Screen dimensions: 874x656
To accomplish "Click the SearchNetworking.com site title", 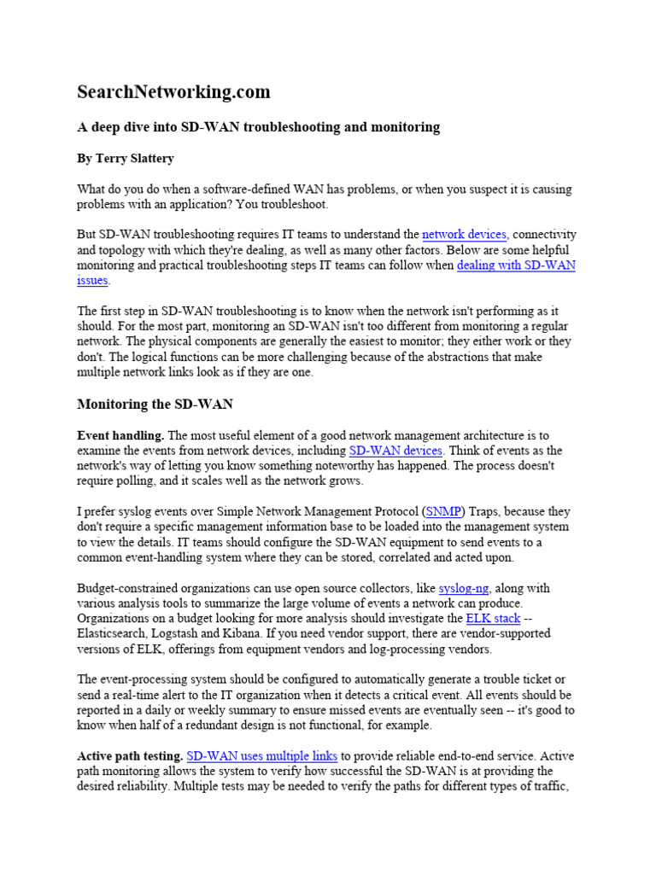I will click(173, 91).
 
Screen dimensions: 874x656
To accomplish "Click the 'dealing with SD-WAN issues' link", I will click(516, 265).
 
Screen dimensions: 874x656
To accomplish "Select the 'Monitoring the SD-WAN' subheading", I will click(155, 404).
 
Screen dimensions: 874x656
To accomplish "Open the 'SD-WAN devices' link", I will click(395, 451).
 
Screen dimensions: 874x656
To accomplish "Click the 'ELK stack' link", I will click(493, 618).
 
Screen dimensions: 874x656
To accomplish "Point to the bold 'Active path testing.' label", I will click(130, 756).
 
